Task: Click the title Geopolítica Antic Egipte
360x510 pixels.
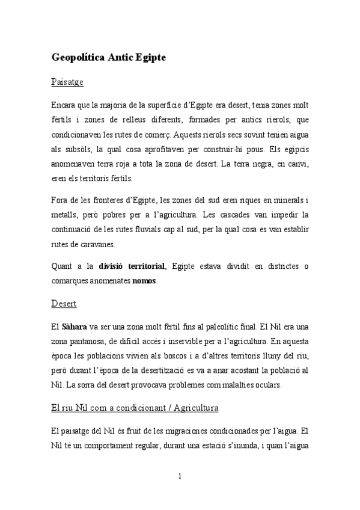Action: click(x=108, y=58)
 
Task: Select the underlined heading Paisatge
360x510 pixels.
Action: click(x=67, y=81)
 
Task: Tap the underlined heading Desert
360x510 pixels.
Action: click(x=64, y=304)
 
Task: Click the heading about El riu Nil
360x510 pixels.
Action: click(x=134, y=408)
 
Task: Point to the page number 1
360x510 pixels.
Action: click(x=180, y=476)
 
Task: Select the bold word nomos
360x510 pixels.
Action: click(x=144, y=281)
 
